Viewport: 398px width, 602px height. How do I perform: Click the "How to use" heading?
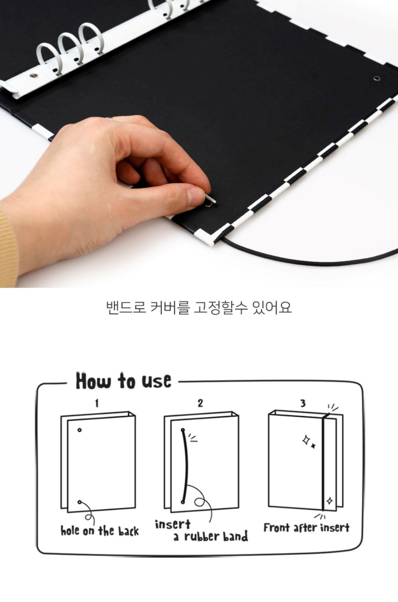point(123,381)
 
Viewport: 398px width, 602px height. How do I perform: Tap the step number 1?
point(96,404)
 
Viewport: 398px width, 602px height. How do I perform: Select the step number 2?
point(200,404)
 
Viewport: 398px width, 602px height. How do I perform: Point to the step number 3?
point(303,404)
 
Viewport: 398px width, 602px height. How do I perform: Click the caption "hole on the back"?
point(100,531)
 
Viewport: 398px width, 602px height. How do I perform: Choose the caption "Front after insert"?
point(306,528)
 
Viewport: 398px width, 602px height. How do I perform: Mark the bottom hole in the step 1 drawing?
point(80,502)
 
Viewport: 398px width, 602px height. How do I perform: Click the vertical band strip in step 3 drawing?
point(324,462)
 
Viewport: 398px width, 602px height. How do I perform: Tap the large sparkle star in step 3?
point(306,440)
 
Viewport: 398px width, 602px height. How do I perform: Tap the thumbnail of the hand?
point(194,196)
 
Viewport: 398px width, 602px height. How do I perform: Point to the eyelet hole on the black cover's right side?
point(376,79)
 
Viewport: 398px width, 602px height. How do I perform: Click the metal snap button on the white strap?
point(34,75)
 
